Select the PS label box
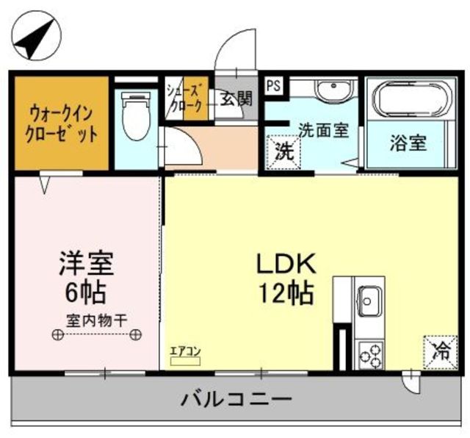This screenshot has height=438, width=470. (274, 85)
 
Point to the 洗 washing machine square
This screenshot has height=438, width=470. (281, 153)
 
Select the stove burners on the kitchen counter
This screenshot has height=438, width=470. (369, 354)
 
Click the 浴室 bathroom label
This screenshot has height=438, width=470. (408, 143)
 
